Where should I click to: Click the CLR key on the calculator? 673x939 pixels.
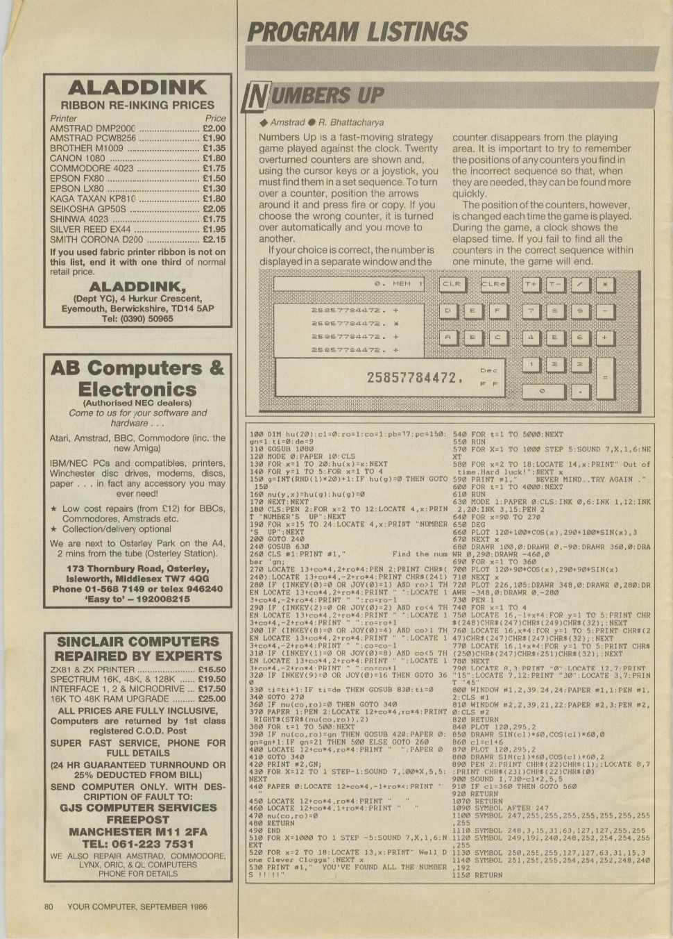tap(452, 284)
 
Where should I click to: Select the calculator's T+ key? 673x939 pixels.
tap(531, 284)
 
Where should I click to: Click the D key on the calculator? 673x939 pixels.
tap(448, 310)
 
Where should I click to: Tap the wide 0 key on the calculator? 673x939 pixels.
tap(543, 391)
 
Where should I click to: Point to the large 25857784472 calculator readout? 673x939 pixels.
tap(414, 378)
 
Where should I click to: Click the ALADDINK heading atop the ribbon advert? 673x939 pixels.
tap(137, 88)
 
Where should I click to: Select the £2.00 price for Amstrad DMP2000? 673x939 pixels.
tap(214, 128)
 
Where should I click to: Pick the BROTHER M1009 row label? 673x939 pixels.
tap(86, 148)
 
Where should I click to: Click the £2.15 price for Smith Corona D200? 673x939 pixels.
tap(214, 239)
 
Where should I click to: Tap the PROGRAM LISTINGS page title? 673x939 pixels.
tap(357, 32)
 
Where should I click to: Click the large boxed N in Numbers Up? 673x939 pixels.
tap(255, 98)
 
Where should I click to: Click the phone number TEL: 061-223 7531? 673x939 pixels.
tap(137, 844)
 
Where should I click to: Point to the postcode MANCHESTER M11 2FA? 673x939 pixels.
tap(137, 831)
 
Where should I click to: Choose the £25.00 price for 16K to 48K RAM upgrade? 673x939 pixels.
tap(212, 699)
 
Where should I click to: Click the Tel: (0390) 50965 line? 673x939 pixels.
tap(137, 319)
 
